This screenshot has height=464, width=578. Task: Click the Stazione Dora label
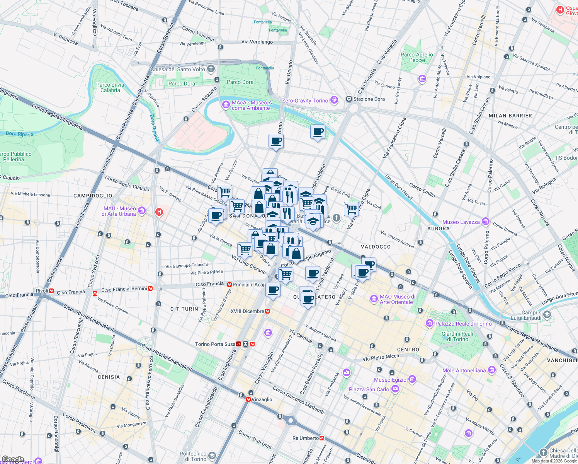point(369,99)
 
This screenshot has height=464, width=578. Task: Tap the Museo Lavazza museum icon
point(486,222)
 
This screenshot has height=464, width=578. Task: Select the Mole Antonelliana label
point(464,370)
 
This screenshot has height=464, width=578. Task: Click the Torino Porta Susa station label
point(215,344)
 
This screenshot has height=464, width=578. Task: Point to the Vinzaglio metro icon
point(248,399)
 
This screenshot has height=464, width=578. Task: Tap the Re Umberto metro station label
point(306,438)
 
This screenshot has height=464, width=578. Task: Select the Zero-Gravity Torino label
point(305,101)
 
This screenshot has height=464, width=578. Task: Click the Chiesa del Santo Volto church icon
point(211,69)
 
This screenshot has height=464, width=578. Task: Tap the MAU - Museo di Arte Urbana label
point(119,211)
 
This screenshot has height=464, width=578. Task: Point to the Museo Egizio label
point(390,380)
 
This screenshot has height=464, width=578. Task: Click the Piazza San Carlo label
point(369,389)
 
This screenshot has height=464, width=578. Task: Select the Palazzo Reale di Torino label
point(464,324)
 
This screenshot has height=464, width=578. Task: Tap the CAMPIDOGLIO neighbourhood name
point(93,196)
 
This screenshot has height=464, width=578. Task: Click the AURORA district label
point(438,229)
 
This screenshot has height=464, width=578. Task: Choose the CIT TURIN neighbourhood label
point(184,309)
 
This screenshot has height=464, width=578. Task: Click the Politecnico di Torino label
point(193,456)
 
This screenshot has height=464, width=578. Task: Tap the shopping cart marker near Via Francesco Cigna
point(351,209)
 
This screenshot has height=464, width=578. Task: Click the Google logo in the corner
point(13,459)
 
